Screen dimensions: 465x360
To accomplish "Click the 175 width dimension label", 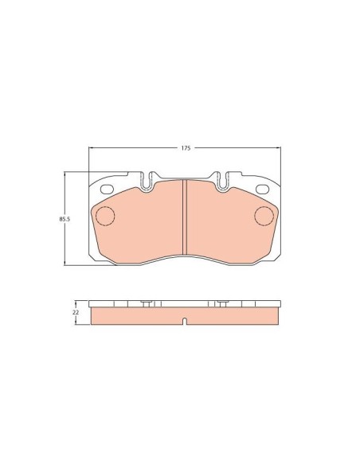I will point(185,148).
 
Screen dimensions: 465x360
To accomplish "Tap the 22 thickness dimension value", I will point(76,313).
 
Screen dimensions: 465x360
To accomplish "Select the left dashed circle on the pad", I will point(104,215).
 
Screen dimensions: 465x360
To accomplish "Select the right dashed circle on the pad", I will point(264,215).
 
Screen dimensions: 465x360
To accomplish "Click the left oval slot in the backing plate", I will point(107,188).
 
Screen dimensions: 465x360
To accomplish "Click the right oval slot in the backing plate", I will point(262,188).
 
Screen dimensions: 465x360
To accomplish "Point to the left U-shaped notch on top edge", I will point(148,182).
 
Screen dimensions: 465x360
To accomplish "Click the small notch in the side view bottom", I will point(185,322).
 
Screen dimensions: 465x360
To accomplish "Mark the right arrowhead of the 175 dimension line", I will point(279,148).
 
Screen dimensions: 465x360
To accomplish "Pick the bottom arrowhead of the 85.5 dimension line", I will point(65,263).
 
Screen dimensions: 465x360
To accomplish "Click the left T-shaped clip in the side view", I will point(147,304).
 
